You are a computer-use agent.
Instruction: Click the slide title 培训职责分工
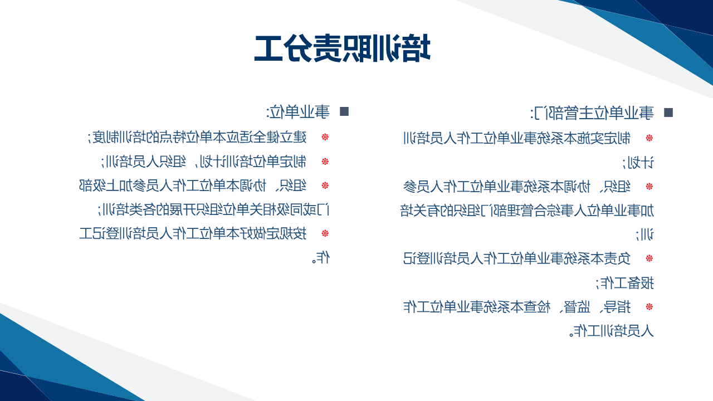tap(342, 48)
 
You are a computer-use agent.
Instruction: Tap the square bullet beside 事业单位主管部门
tap(668, 113)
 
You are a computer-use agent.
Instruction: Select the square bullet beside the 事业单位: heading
tap(344, 111)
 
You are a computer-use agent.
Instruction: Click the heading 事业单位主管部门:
tap(592, 113)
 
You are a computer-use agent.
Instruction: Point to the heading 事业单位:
tap(298, 112)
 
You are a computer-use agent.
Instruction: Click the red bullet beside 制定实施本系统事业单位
tap(649, 138)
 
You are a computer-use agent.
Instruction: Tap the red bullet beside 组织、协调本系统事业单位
tap(649, 186)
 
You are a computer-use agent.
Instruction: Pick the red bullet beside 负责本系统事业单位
tap(649, 258)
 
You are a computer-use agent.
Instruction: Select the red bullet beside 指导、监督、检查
tap(649, 307)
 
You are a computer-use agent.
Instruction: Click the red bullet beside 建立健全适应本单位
tap(325, 137)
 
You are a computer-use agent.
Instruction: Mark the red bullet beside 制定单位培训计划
tap(325, 162)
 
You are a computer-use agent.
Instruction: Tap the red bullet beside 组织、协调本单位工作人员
tap(325, 185)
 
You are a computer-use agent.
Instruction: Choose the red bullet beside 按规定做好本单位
tap(325, 233)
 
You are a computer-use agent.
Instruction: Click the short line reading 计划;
tap(638, 163)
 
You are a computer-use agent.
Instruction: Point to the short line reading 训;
tap(644, 235)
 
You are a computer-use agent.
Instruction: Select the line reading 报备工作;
tap(624, 283)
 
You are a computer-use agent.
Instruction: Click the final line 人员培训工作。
tap(612, 331)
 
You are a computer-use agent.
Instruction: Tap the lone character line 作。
tap(320, 257)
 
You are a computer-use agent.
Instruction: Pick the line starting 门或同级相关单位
tap(213, 209)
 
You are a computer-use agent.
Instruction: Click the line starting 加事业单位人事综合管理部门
tap(527, 211)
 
